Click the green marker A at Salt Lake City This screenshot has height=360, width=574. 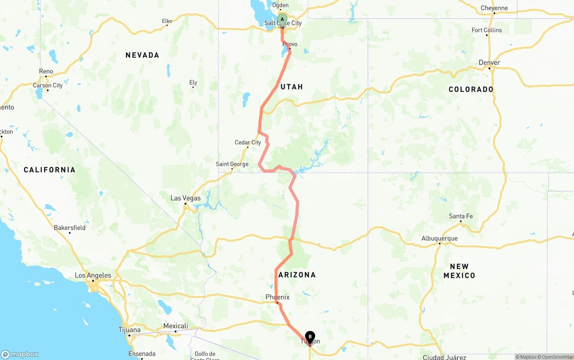[x=282, y=20]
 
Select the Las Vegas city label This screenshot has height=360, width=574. [x=186, y=198]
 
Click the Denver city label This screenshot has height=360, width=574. [x=489, y=63]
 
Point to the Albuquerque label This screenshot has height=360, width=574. [x=439, y=239]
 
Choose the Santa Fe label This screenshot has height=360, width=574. [x=461, y=217]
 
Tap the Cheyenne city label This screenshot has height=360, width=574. [x=494, y=8]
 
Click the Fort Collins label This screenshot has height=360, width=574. [x=487, y=30]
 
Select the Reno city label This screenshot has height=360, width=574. [x=46, y=71]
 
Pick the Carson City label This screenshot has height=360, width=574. [x=48, y=85]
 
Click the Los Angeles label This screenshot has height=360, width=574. [x=93, y=276]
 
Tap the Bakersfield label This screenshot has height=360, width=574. [x=70, y=228]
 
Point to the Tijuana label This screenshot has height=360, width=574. [x=130, y=330]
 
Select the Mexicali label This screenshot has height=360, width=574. [x=175, y=326]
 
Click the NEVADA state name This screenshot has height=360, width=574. [x=142, y=55]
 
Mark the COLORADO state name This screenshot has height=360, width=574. [x=471, y=89]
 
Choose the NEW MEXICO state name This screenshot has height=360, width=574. [x=459, y=271]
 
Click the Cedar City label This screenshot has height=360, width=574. [x=248, y=143]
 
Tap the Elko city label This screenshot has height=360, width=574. [x=167, y=21]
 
